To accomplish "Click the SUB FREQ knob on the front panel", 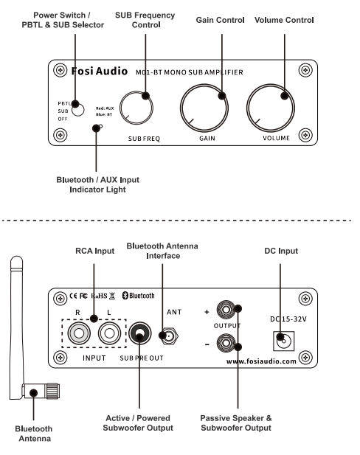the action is pos(136,108).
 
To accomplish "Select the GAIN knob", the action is pos(204,108).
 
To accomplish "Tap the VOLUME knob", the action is pos(271,108).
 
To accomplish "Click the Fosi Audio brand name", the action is pos(100,71).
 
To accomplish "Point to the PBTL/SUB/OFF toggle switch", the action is pos(77,110).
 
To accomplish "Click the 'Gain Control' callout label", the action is pos(220,20).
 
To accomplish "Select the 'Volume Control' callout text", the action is pos(284,20).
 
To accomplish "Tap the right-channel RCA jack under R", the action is pos(79,333).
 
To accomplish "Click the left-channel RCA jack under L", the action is pos(109,333).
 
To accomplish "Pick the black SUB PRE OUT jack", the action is pos(140,333).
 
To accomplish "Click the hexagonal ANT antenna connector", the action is pos(169,336).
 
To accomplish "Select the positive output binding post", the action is pos(226,309).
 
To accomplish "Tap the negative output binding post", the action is pos(226,343).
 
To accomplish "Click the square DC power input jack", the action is pos(283,341).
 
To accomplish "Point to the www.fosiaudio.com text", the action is pos(261,361).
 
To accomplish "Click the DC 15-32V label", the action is pos(288,319).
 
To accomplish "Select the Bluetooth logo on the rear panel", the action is pos(138,296).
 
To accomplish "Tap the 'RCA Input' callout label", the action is pos(94,251).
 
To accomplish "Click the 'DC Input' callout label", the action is pos(281,251).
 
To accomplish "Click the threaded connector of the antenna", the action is pos(53,391).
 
